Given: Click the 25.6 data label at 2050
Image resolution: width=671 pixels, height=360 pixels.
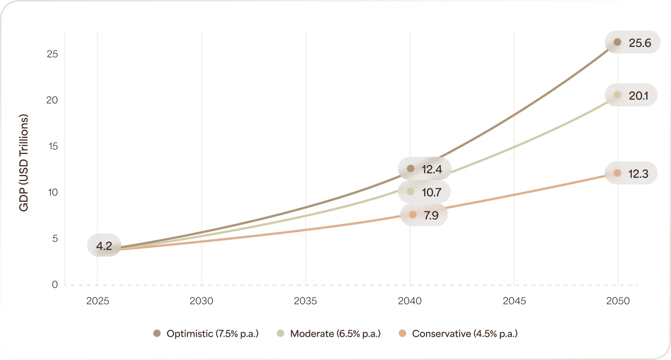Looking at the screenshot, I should point(639,43).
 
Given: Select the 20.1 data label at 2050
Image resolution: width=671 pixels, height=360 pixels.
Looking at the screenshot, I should point(638,95).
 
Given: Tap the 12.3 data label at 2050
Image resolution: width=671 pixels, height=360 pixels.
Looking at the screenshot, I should point(638,174).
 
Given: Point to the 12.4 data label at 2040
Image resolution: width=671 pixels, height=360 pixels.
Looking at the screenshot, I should point(431,169).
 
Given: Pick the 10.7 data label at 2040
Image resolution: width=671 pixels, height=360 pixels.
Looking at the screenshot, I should point(431,192).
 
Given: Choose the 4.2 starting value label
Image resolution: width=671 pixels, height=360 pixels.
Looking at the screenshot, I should point(104,245).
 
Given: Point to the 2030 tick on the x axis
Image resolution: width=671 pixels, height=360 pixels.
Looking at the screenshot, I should point(201,301).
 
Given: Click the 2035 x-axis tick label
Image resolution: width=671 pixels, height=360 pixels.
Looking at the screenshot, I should point(305,301).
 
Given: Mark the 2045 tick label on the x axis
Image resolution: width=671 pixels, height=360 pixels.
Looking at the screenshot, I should point(514,301).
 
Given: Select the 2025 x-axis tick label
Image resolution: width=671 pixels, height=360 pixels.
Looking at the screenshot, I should point(97,301).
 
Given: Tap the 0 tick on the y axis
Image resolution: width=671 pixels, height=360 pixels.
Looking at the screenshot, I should point(55,285).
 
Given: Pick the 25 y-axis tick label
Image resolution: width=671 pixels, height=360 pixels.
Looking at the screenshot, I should point(53,54).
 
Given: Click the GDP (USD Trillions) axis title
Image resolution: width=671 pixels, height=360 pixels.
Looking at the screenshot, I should point(24,163).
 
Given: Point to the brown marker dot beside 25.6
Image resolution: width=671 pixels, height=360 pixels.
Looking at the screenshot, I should point(617,43).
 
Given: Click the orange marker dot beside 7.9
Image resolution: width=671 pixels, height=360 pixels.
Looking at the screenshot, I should point(413,215).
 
